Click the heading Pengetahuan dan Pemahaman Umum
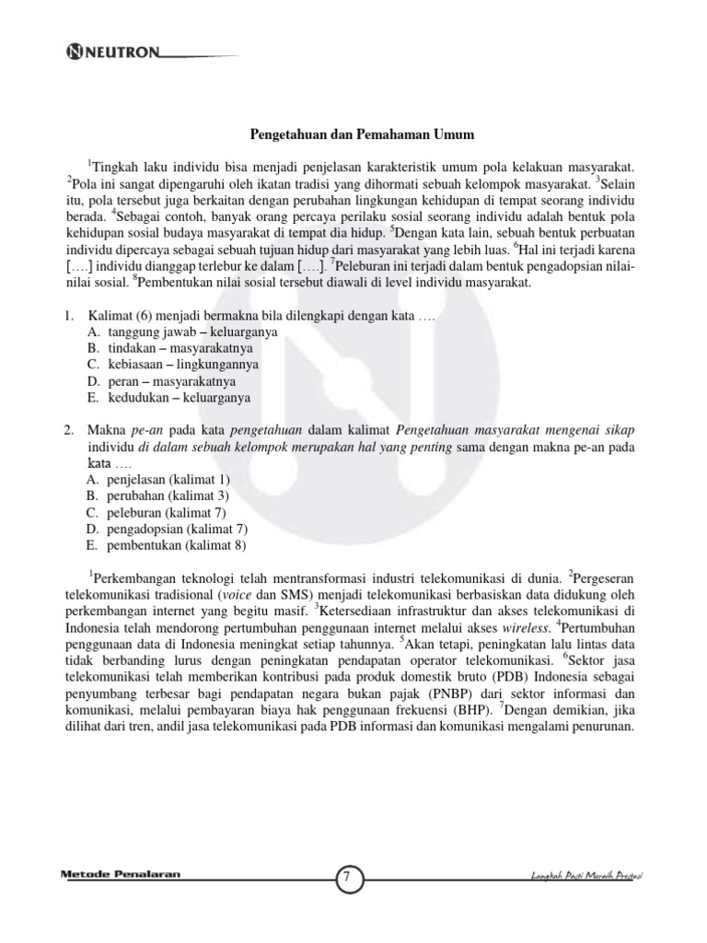click(x=363, y=135)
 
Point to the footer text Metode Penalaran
click(x=120, y=875)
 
